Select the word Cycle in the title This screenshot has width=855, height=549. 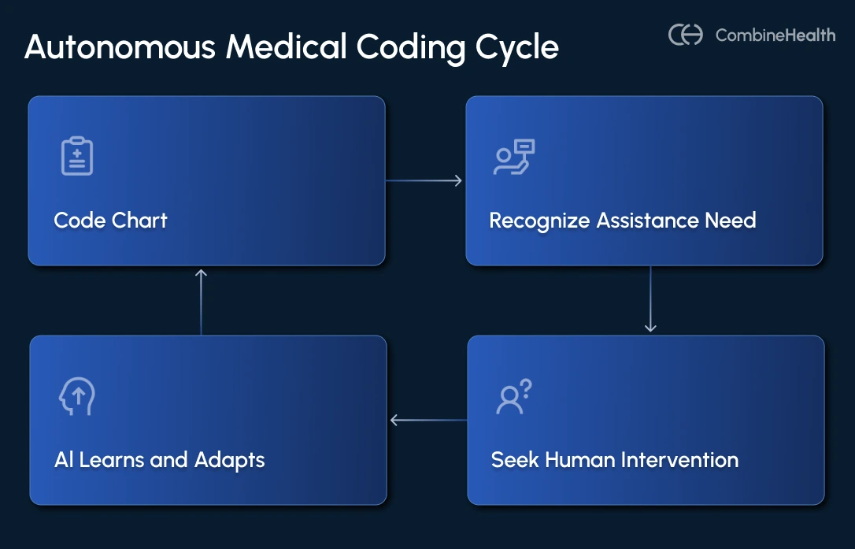pyautogui.click(x=517, y=48)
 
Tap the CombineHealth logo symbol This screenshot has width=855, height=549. pyautogui.click(x=686, y=35)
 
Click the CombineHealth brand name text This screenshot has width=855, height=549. pyautogui.click(x=775, y=35)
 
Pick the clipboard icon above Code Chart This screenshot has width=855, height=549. pyautogui.click(x=77, y=155)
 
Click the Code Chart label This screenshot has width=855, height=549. pyautogui.click(x=111, y=220)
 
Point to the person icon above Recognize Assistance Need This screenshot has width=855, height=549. pyautogui.click(x=514, y=157)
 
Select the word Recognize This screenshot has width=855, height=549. pyautogui.click(x=539, y=221)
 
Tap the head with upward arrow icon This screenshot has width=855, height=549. pyautogui.click(x=77, y=396)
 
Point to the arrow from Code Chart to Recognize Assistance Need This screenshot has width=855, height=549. pyautogui.click(x=424, y=181)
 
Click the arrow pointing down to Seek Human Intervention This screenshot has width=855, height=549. pyautogui.click(x=650, y=299)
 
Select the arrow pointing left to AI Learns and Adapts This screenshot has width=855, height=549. pyautogui.click(x=428, y=421)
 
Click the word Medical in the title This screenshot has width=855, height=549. pyautogui.click(x=287, y=48)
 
